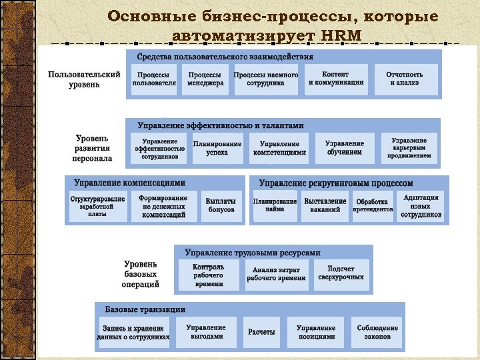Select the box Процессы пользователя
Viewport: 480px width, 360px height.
point(154,79)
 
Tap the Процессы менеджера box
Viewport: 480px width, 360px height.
point(205,79)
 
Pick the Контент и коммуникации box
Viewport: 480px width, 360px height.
point(336,79)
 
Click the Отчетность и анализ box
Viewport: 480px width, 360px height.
point(405,79)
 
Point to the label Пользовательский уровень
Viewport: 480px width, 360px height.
point(84,79)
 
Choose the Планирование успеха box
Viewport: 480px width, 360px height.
point(217,148)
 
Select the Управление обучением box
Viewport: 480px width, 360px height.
point(345,148)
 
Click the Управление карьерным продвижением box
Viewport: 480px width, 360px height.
point(409,148)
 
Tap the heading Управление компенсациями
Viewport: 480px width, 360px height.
point(130,183)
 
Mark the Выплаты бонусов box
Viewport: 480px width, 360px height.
point(221,205)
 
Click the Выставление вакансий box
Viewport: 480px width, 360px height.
point(325,205)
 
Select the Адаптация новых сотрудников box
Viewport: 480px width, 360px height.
point(421,206)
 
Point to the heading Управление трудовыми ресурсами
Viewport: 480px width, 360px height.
point(253,253)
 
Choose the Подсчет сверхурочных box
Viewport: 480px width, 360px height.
point(341,273)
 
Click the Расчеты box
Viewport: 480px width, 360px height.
point(261,332)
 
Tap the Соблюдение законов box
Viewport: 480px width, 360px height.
point(377,332)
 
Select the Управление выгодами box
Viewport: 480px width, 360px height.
point(206,332)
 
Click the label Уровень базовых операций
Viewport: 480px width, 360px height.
point(141,274)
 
